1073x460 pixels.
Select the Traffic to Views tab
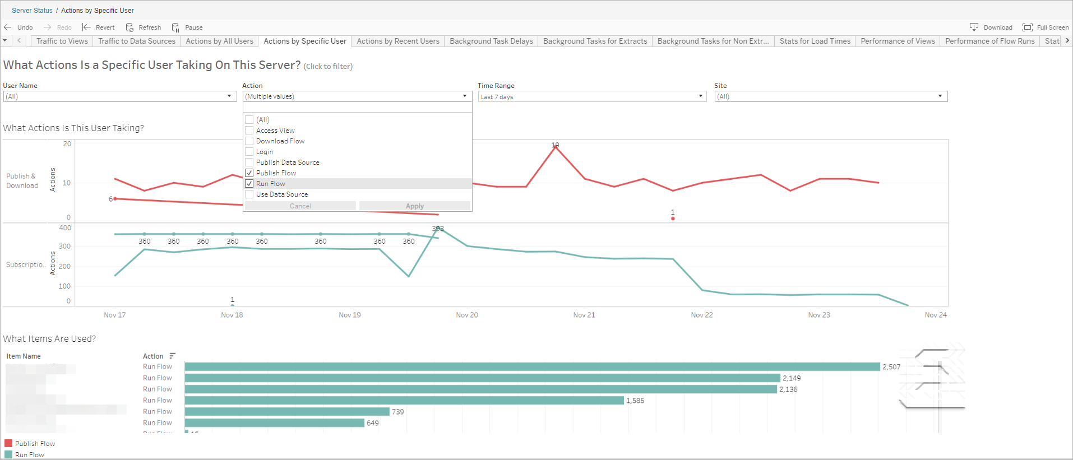(62, 41)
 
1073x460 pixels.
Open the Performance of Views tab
(898, 41)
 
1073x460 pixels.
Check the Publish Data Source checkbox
(249, 162)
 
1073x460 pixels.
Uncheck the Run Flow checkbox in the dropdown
(249, 184)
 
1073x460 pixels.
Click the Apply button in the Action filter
(414, 206)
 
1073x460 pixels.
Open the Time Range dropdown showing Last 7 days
(591, 96)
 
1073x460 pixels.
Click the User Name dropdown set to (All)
(119, 96)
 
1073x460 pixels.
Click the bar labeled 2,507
(532, 367)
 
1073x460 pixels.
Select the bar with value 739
(287, 412)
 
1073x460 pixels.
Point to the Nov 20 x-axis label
(467, 315)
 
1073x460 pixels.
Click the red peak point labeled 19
(556, 146)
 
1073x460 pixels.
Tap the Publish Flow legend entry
(35, 444)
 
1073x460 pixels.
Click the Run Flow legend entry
(29, 455)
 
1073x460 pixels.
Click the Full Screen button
(1046, 27)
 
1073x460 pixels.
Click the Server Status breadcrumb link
(32, 11)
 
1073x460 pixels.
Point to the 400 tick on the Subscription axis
(65, 228)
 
